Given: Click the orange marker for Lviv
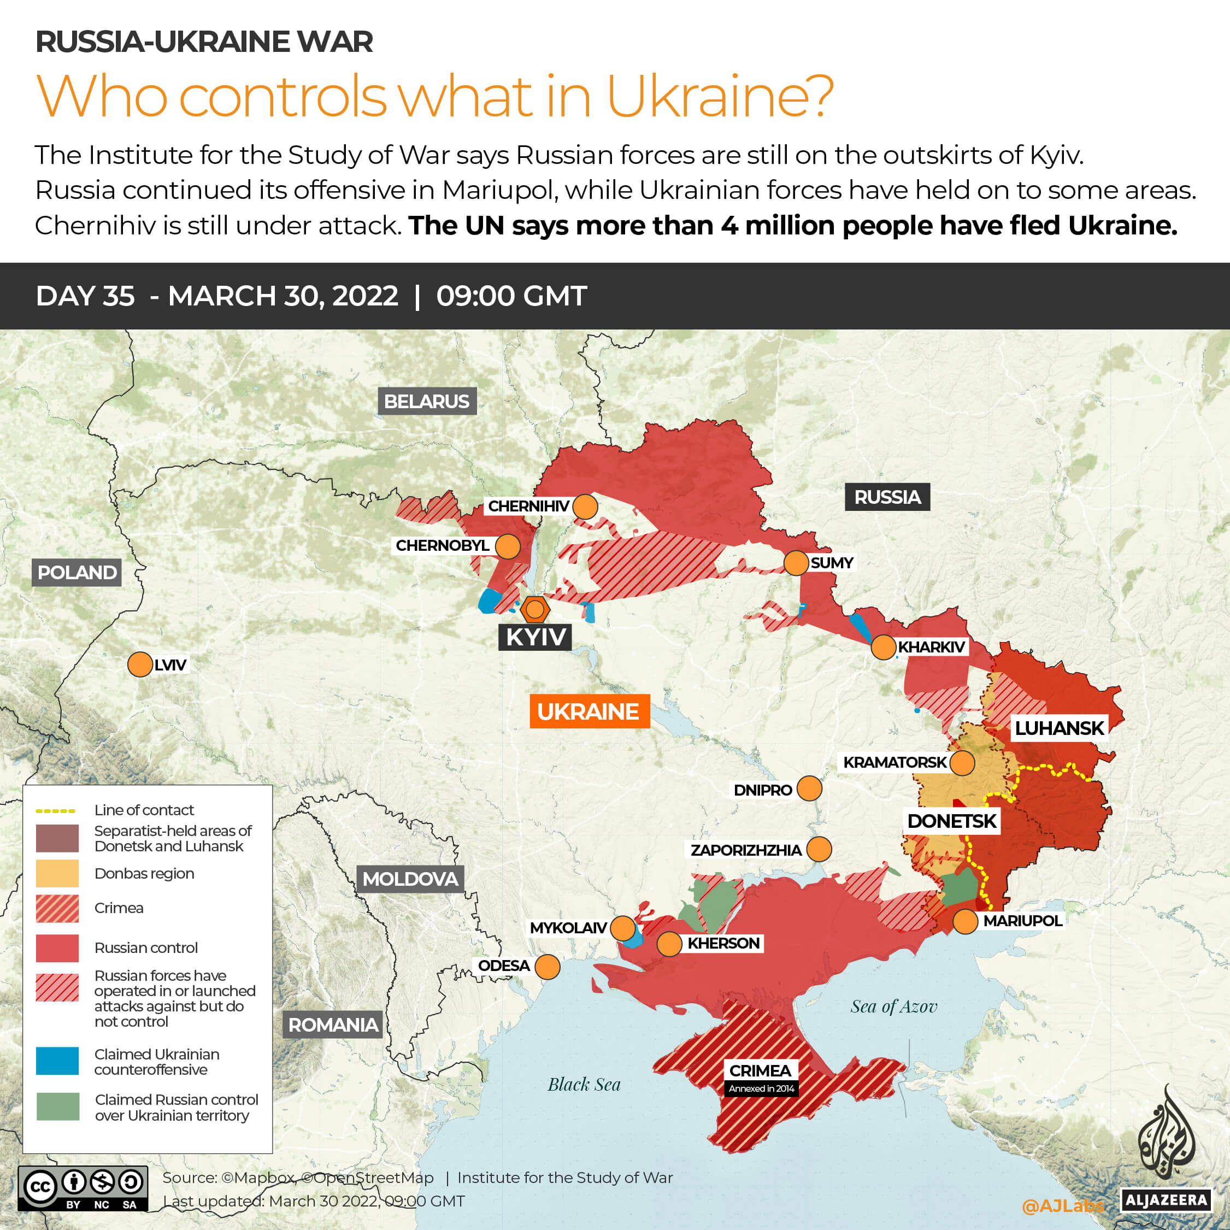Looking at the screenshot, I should coord(139,664).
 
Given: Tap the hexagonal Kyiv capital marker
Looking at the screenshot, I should coord(535,610).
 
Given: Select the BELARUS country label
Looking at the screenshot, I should coord(427,401).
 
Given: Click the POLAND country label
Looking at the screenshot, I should coord(77,572).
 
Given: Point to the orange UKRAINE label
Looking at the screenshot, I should coord(589,711).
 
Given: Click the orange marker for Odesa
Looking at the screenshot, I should coord(548,967).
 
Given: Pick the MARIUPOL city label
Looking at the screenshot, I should coord(1022,921).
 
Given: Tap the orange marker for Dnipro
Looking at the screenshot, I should coord(809,788).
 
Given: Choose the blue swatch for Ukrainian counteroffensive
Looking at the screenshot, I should coord(57,1061).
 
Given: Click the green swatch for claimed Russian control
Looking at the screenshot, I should coord(57,1107).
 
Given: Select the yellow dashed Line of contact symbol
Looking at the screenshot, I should coord(56,811).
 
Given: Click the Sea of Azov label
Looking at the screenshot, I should coord(894,1007).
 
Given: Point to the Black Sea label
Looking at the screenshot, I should coord(584,1085).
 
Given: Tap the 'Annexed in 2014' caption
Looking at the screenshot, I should coord(761,1088).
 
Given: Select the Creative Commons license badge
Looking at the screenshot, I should coord(83,1188).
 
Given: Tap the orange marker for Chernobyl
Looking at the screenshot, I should coord(508,546).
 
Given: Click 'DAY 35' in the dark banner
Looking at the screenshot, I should coord(85,296).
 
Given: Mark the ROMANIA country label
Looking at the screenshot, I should coord(333,1025).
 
